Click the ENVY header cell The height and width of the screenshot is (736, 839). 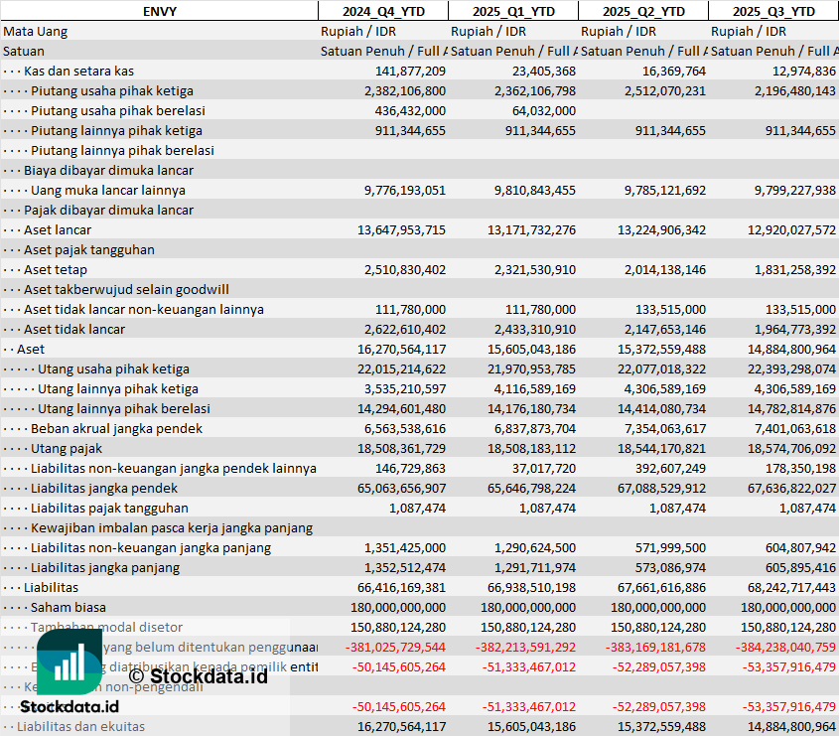click(x=158, y=11)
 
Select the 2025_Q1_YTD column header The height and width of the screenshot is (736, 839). click(x=512, y=11)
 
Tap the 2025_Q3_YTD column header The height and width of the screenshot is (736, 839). click(x=774, y=11)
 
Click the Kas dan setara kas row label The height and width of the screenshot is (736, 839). click(x=78, y=71)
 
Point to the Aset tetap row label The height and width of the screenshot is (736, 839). click(x=56, y=269)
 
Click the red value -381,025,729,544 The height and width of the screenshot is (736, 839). click(x=397, y=647)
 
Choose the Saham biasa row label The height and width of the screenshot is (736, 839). click(x=69, y=607)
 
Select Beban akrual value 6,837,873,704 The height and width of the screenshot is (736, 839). click(x=525, y=428)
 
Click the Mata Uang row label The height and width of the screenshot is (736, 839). click(x=36, y=31)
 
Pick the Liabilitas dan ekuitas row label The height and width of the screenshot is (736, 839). click(x=80, y=726)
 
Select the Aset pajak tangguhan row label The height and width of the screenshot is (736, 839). click(x=89, y=249)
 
